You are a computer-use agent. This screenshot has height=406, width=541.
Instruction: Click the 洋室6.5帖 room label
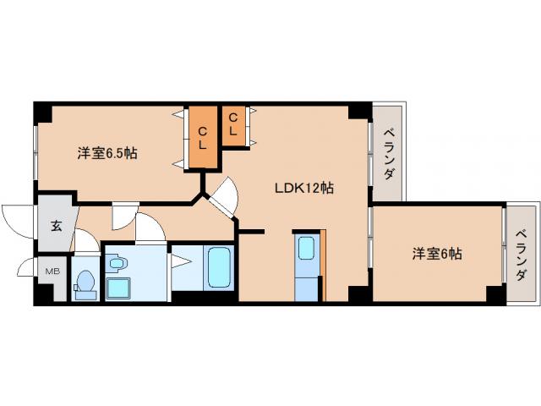[108, 154]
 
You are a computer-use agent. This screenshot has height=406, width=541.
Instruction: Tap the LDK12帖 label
[303, 188]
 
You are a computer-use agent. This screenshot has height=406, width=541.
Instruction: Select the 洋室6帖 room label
[437, 253]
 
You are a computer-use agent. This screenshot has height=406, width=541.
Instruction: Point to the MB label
[52, 271]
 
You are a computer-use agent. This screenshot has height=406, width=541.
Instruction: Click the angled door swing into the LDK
[222, 198]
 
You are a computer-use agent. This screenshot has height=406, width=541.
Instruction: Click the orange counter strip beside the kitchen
[323, 265]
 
